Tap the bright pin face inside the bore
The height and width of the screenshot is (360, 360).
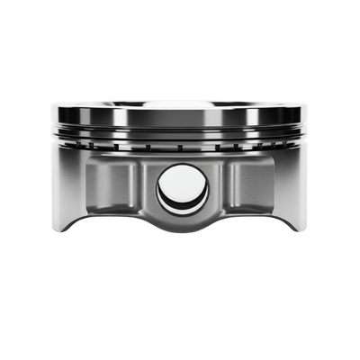184,186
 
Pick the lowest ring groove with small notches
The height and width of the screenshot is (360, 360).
180,145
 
